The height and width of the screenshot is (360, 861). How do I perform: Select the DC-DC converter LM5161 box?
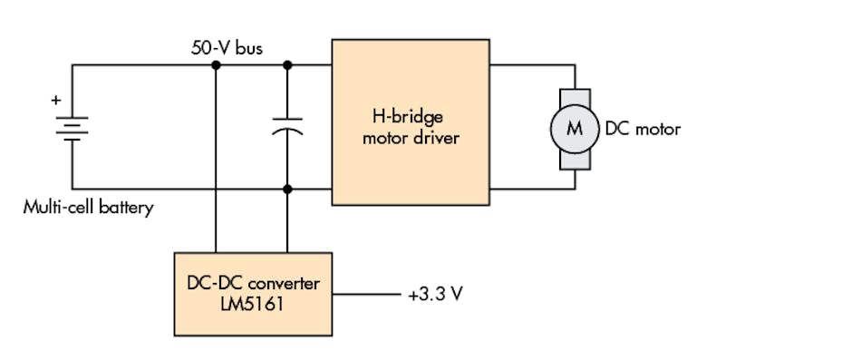(x=253, y=294)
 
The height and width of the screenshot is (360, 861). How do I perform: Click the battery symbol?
(x=73, y=128)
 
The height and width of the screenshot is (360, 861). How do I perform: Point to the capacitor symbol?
(x=287, y=128)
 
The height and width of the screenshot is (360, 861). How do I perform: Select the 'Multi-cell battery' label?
(x=88, y=208)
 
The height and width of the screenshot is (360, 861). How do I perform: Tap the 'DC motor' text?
(x=643, y=129)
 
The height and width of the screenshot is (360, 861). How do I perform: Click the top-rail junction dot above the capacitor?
(x=287, y=65)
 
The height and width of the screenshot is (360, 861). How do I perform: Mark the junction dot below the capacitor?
(x=287, y=190)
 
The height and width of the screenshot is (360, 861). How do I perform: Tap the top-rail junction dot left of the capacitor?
(x=216, y=65)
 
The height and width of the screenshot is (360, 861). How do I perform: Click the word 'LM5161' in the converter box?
(x=253, y=305)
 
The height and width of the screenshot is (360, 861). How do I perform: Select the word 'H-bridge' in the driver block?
(x=411, y=118)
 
